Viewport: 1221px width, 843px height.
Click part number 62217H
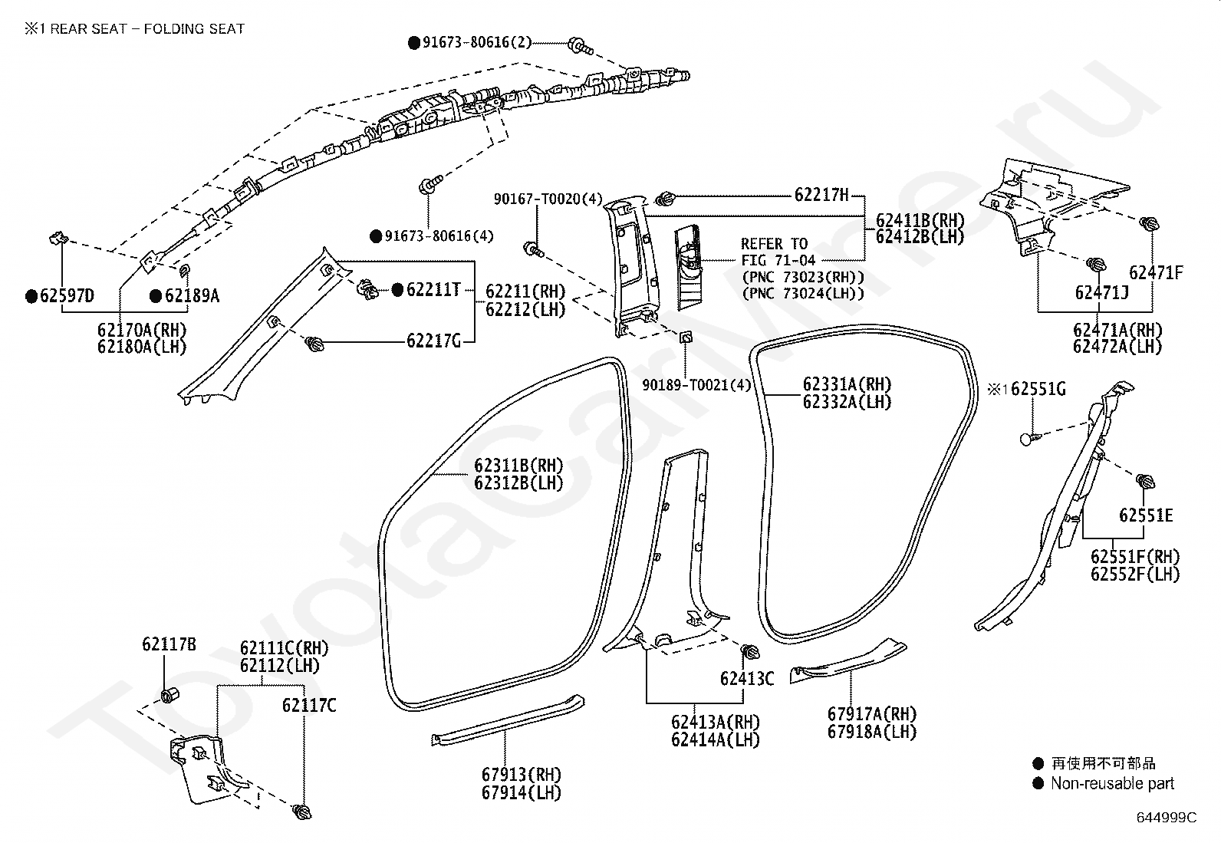click(x=821, y=195)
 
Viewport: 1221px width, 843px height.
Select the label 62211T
click(x=433, y=289)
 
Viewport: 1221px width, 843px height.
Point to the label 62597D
click(x=67, y=295)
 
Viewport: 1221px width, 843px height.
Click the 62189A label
click(x=192, y=295)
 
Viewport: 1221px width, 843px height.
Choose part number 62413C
click(x=747, y=678)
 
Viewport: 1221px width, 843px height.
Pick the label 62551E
click(x=1146, y=515)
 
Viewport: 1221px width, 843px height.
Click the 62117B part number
click(x=169, y=644)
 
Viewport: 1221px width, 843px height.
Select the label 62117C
click(x=309, y=705)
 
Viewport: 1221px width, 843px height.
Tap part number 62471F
click(x=1156, y=272)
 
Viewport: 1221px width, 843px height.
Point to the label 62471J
click(x=1101, y=293)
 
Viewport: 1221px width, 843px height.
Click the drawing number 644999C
click(x=1167, y=818)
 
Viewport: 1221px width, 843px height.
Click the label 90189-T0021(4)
click(x=696, y=385)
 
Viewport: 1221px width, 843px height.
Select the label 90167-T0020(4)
click(x=548, y=199)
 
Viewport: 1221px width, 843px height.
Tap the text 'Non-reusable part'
click(x=1113, y=784)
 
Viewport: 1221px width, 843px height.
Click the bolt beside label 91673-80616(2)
click(x=580, y=47)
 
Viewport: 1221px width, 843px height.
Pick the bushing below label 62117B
click(x=170, y=695)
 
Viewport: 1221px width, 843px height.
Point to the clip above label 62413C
click(x=750, y=651)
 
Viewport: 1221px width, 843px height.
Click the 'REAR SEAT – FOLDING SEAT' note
click(x=147, y=29)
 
